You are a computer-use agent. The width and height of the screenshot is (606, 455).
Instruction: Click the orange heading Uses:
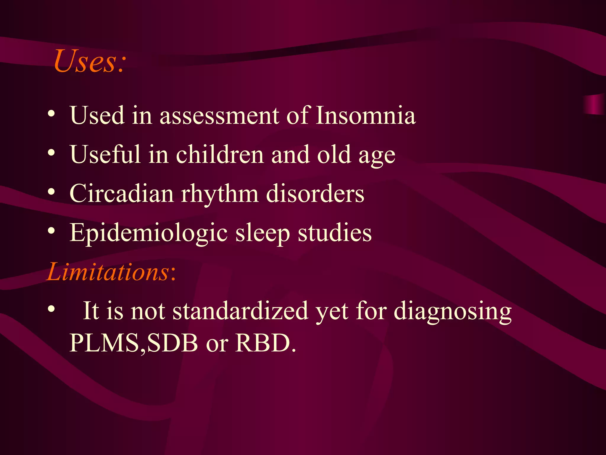point(90,61)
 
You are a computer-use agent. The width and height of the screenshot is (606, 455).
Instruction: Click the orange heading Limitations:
point(111,272)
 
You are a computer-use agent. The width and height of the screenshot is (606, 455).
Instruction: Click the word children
point(220,154)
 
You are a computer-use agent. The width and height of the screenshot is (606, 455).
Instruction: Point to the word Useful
point(105,154)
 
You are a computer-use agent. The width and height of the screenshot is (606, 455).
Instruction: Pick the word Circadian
point(121,193)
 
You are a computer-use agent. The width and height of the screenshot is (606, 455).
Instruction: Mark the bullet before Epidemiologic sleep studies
point(51,231)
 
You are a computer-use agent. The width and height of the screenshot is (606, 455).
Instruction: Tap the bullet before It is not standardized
point(51,309)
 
